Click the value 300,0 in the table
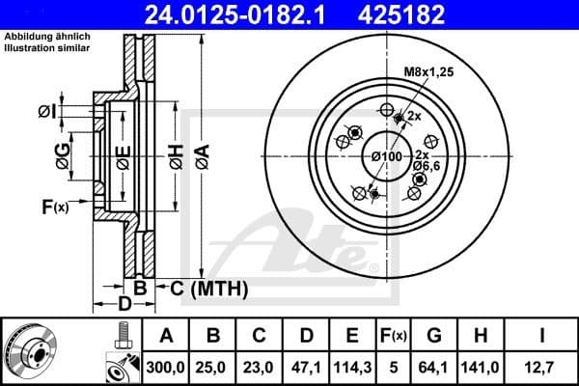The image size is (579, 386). pos(165,369)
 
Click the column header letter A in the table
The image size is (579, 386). pos(165,336)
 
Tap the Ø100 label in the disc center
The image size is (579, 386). pos(387,155)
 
